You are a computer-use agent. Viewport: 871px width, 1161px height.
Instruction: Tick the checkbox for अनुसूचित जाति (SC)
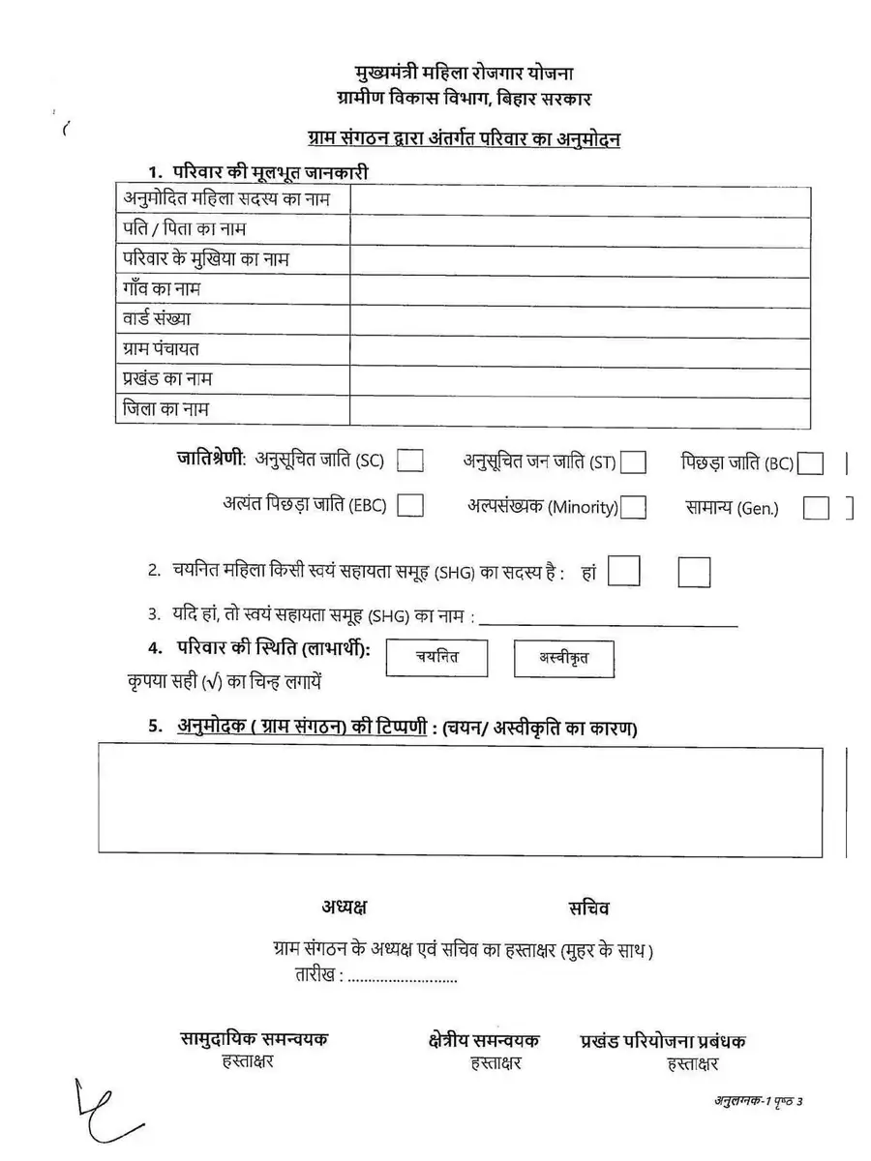coord(410,461)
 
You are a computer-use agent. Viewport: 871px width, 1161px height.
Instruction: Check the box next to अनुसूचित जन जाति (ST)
coord(634,463)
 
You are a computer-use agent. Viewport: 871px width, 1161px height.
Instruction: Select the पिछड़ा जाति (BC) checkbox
coord(811,464)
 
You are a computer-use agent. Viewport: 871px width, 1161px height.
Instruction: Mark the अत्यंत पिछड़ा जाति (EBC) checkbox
coord(410,505)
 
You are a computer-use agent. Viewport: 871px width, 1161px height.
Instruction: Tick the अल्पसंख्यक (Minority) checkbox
coord(634,507)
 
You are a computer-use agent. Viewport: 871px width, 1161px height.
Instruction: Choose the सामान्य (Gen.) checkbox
coord(816,508)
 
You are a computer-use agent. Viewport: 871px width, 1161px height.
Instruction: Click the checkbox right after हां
coord(624,572)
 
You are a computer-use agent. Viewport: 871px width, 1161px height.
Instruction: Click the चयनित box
coord(436,658)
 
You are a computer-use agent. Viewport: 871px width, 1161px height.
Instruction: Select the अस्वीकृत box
coord(564,660)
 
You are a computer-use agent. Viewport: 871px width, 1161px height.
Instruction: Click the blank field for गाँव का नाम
coord(580,289)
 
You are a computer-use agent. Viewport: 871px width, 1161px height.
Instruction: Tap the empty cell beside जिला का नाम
coord(580,408)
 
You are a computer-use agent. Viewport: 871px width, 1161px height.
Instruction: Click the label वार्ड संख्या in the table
coord(157,318)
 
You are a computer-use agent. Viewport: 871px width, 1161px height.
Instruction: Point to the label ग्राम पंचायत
coord(161,348)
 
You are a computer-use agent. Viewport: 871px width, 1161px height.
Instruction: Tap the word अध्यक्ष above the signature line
coord(345,908)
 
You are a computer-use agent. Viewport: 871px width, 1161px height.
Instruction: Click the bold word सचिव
coord(589,908)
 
